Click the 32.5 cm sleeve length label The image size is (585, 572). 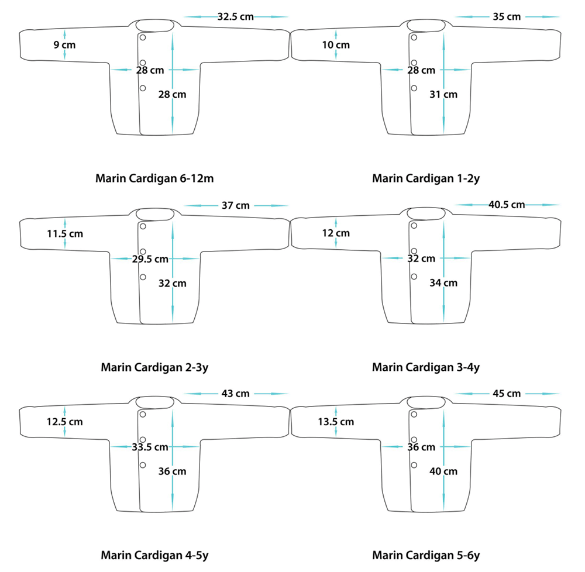pos(235,17)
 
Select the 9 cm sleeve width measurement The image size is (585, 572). pos(64,45)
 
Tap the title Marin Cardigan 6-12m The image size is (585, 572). pos(154,178)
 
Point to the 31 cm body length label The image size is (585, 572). pos(443,94)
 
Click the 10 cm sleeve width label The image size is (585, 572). pos(336,45)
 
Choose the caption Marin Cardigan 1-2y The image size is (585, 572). pos(426,178)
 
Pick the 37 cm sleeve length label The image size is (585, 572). pos(235,205)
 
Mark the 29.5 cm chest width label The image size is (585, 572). pos(150,259)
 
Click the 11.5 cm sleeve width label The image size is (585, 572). pos(65,234)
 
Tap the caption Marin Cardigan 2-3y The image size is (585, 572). pos(154,367)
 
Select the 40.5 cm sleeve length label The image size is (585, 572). pos(507,205)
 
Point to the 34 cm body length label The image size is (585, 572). pos(443,282)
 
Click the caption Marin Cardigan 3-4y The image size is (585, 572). pos(426,367)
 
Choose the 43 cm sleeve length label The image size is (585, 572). pos(235,394)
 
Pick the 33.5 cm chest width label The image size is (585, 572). pos(150,447)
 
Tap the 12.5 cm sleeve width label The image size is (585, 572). pos(64,422)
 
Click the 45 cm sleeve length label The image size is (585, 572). pos(507,394)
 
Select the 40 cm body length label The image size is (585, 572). pos(443,471)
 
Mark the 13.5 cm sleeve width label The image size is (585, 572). pos(336,422)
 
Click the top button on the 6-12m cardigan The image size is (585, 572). pos(143,37)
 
